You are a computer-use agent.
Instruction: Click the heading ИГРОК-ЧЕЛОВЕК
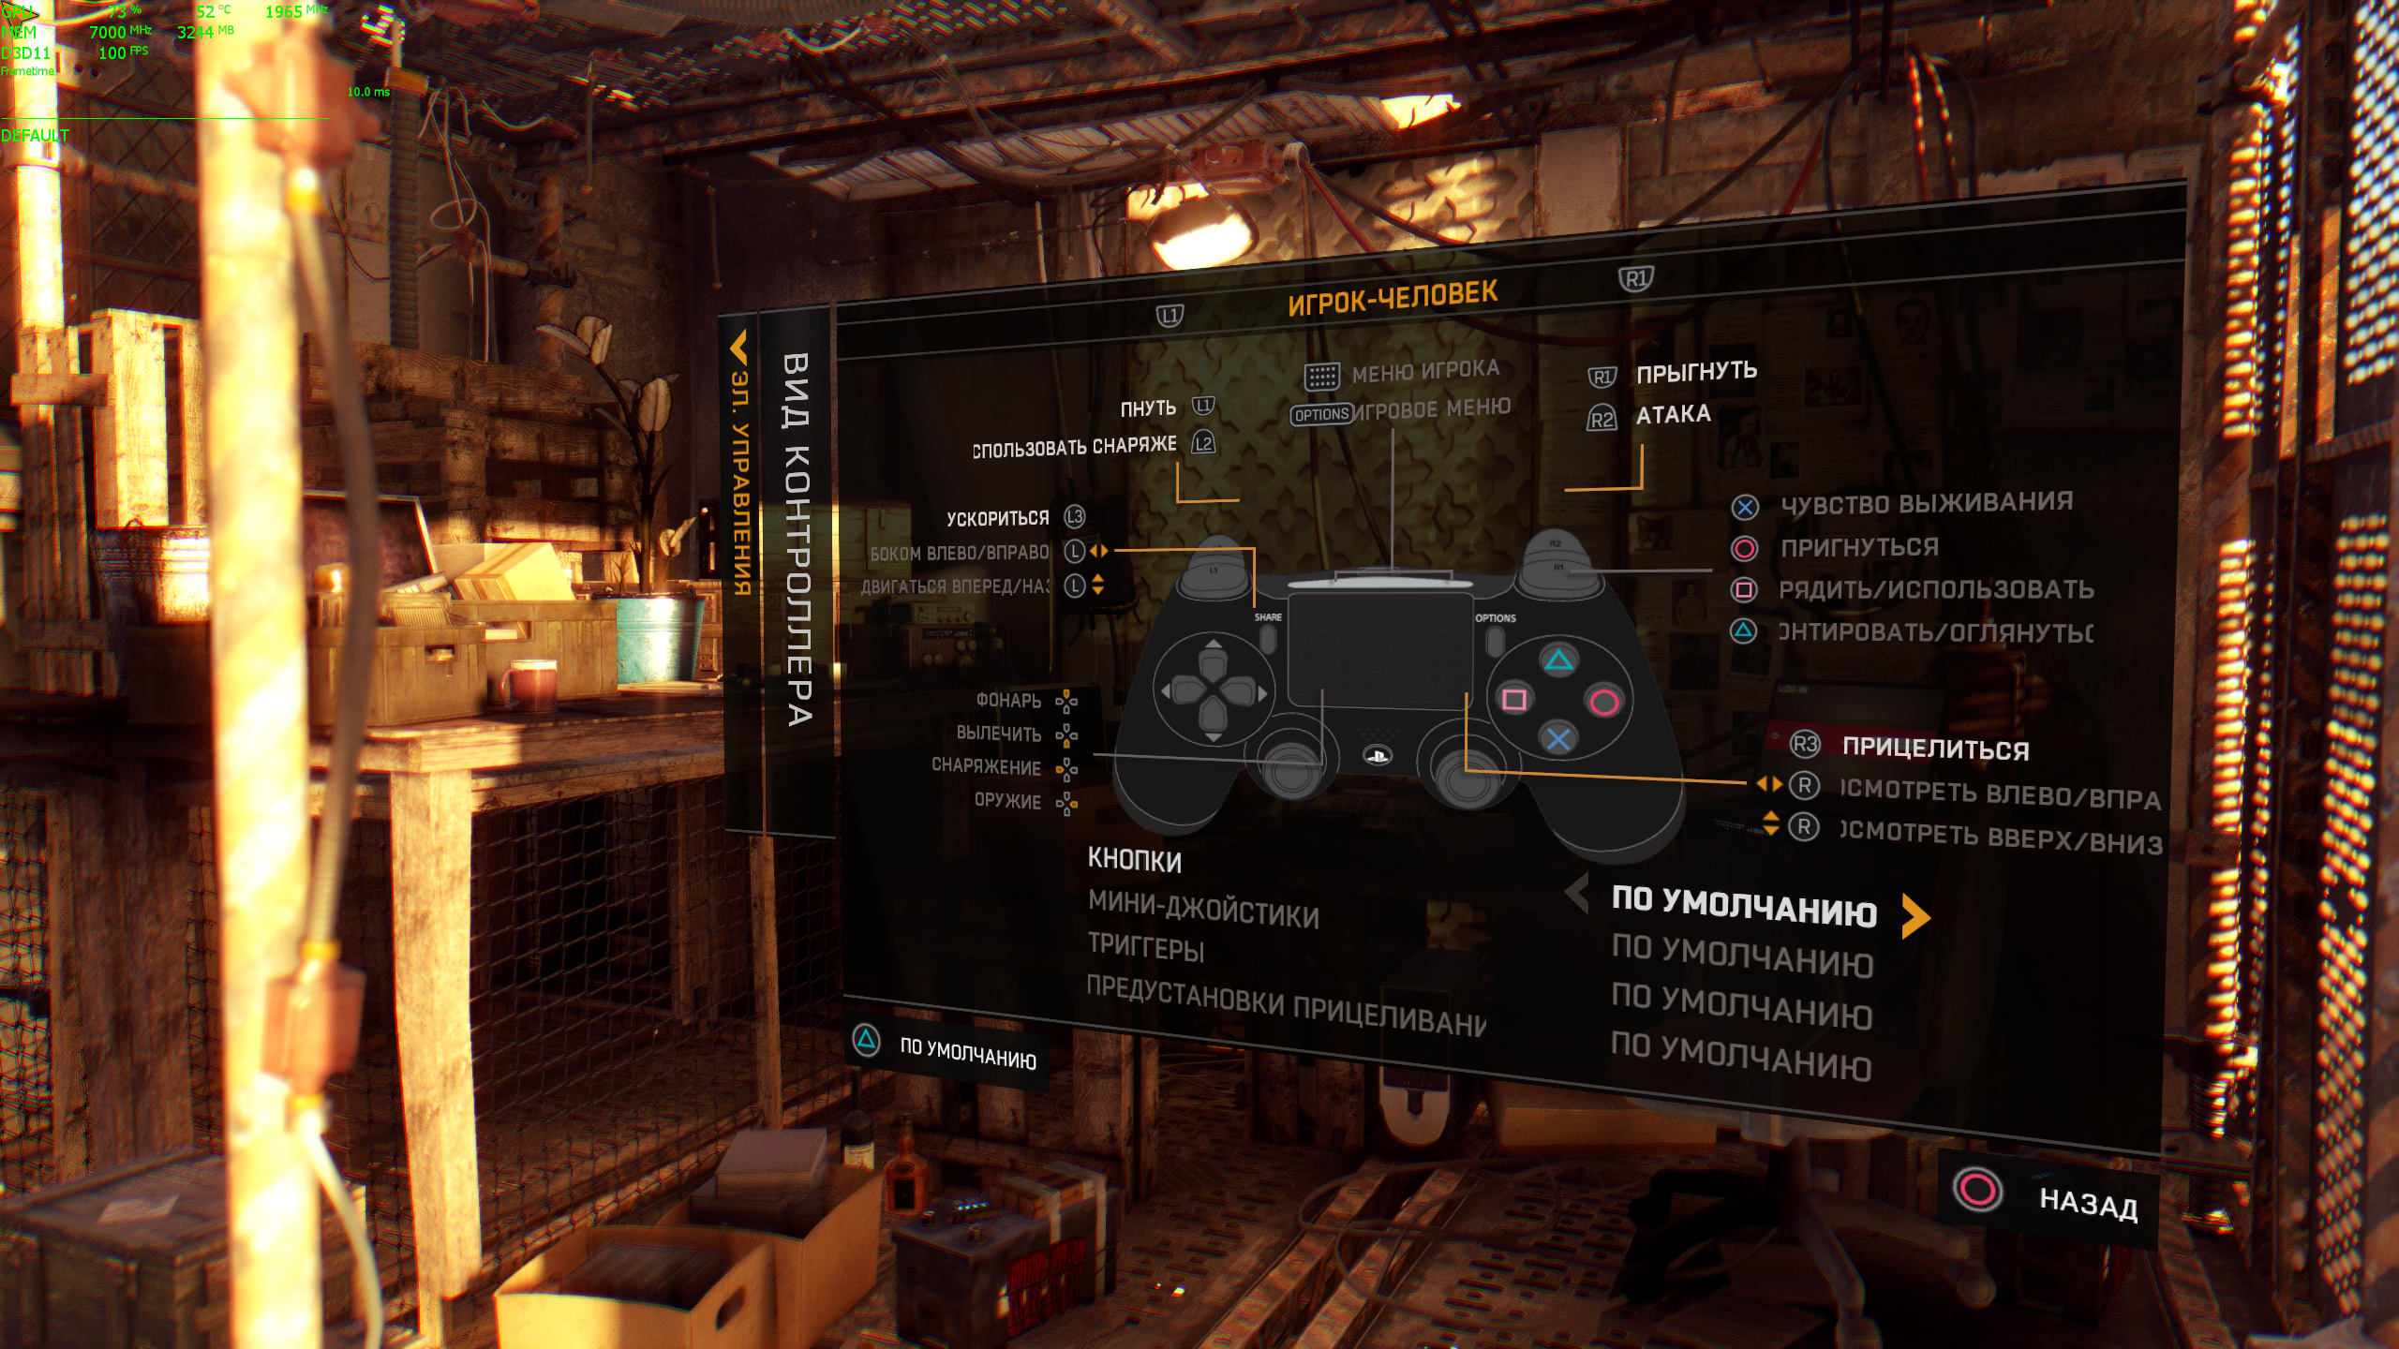[1393, 299]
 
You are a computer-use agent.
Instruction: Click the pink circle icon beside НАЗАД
[1977, 1190]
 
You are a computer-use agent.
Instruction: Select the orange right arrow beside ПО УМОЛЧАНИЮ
[1915, 915]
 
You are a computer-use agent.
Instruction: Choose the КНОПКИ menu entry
[1134, 860]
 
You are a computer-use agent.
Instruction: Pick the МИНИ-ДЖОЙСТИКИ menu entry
[1203, 909]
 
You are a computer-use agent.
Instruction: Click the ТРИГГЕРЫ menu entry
[1145, 947]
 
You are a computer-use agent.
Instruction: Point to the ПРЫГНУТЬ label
[1696, 372]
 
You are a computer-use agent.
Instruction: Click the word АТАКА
[1673, 414]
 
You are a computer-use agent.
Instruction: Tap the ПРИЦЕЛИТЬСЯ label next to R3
[1935, 749]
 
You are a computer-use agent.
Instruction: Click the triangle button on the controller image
[1559, 661]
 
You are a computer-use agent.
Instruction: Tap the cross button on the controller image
[1558, 739]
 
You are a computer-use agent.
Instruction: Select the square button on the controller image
[1514, 699]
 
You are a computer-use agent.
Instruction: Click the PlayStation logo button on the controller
[1378, 755]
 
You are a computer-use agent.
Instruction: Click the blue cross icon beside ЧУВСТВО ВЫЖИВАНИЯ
[1744, 508]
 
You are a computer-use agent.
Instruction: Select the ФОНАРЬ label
[1008, 700]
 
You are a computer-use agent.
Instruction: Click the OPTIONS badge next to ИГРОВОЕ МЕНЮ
[1321, 414]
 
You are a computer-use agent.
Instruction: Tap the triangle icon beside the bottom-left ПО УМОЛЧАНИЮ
[867, 1039]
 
